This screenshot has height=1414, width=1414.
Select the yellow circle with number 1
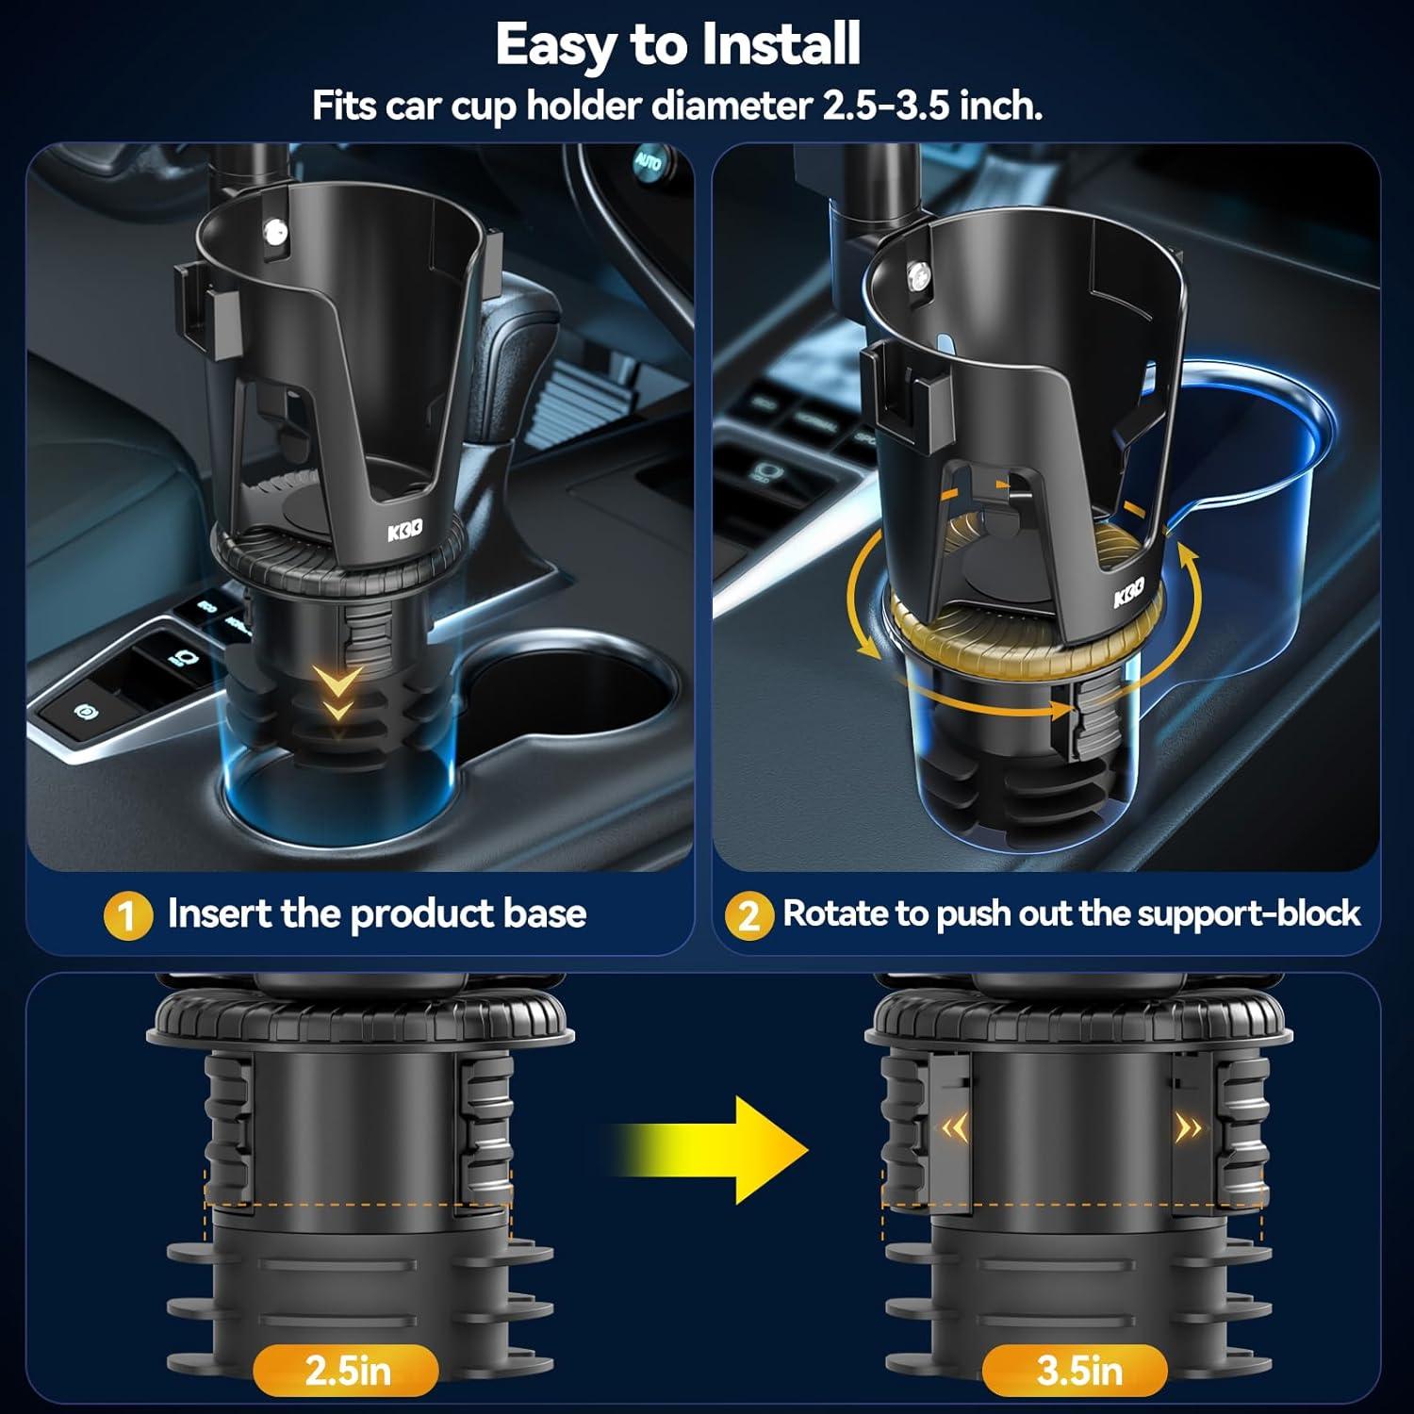pos(127,915)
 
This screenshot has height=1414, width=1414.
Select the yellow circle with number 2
pos(748,915)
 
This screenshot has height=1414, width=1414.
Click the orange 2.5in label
pos(347,1371)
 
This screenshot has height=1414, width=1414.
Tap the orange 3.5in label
pos(1079,1371)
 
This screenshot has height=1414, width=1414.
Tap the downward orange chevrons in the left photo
pos(337,693)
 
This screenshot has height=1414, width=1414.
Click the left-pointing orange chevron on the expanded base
pos(956,1128)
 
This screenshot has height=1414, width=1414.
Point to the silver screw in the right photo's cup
pos(915,274)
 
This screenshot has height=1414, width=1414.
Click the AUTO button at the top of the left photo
pos(648,161)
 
